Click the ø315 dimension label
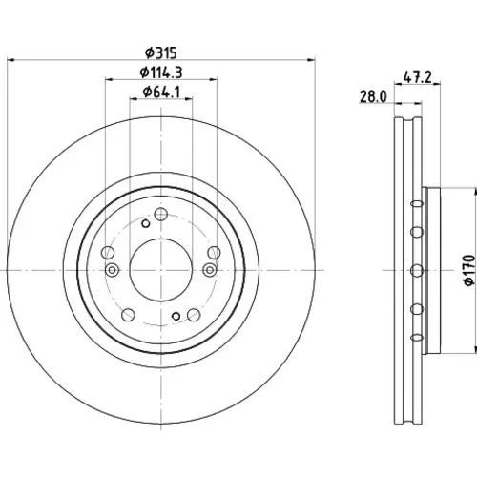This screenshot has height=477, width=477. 160,52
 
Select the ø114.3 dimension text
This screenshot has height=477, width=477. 161,73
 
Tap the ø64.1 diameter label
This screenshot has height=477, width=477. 161,92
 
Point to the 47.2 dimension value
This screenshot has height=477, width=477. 418,77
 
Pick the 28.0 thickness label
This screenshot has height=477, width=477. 373,96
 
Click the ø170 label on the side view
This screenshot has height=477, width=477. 469,270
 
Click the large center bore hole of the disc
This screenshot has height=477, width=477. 161,270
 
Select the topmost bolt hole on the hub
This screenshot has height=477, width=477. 161,214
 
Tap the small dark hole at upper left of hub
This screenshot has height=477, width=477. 145,223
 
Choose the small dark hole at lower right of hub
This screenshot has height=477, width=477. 176,316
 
